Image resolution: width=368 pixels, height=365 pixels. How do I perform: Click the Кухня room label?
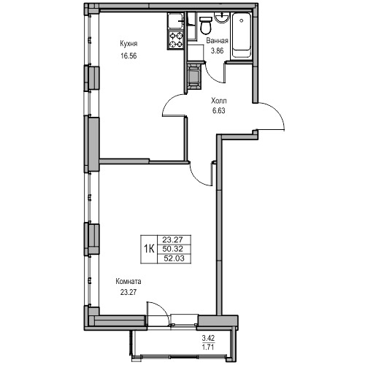coord(129,44)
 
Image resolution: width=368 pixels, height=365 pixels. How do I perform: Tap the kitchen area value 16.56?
coord(129,56)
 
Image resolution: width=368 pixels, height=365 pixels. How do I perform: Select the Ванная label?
coord(217,41)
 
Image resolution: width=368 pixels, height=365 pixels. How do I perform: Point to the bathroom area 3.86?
coord(217,51)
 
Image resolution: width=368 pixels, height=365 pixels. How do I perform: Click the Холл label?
coord(219,101)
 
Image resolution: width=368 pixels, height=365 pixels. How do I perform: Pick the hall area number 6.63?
coord(219,111)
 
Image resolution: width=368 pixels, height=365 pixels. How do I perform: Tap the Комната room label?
coord(129,282)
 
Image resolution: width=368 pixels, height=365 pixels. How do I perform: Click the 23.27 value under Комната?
coord(129,292)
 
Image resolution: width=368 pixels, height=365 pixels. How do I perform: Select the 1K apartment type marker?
coord(149,249)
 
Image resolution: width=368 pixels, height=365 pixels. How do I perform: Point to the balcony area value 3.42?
coord(208,338)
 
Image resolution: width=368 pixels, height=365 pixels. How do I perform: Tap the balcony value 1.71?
coord(208,347)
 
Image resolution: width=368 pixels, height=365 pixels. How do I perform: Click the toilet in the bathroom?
coord(206,25)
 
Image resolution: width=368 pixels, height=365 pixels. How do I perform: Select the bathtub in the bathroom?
coord(242,36)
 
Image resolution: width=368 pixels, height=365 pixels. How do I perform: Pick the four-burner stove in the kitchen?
coord(176,40)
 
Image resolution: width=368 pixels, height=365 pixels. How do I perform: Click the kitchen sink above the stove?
coord(175,22)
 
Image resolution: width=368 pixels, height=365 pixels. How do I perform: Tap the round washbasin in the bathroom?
coord(221,18)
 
